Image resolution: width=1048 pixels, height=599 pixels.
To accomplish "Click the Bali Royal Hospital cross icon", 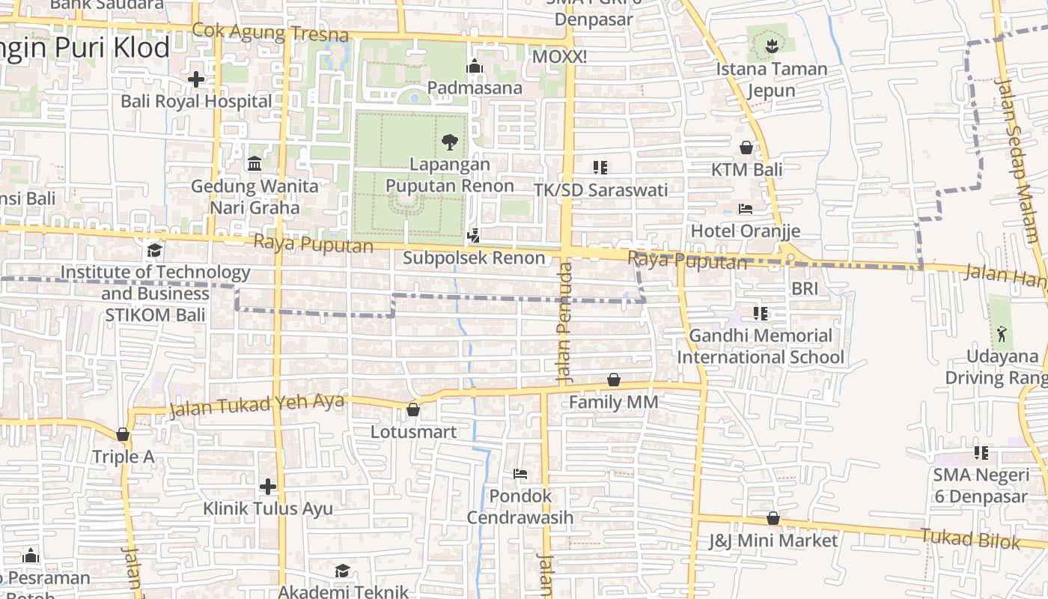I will click(196, 79).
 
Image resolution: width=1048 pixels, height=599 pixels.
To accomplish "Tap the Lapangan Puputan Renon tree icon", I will click(450, 142).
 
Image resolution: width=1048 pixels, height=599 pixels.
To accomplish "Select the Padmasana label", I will click(475, 88).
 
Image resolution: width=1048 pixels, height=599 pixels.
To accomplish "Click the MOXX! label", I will click(559, 57).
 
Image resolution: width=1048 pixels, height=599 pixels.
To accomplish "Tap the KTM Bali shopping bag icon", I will click(746, 148).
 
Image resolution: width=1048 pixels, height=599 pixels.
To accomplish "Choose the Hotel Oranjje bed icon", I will click(746, 208).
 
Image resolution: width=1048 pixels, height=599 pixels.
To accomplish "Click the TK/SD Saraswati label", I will click(600, 189).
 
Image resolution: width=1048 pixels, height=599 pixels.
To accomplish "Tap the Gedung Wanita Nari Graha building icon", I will click(255, 163).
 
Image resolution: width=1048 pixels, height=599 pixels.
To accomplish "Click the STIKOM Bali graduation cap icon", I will click(155, 250).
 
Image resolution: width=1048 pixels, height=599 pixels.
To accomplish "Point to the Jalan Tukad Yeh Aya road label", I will click(257, 405).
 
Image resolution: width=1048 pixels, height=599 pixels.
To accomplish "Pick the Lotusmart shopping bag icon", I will click(413, 410).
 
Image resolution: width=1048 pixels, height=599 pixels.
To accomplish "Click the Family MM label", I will click(613, 402).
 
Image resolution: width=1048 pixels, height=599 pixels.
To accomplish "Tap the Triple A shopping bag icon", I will click(123, 434).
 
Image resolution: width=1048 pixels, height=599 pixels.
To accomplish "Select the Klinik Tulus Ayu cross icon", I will click(268, 487).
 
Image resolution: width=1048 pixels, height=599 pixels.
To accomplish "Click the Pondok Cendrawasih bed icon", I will click(520, 473).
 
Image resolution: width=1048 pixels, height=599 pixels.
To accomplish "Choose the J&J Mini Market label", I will click(773, 540).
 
